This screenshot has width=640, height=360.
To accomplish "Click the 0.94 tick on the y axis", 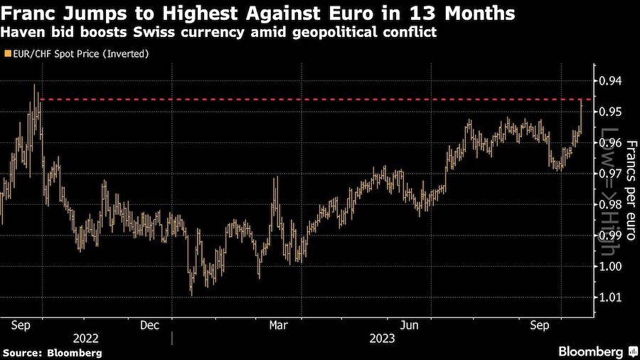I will click(611, 81).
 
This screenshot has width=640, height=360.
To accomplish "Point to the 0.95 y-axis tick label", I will click(611, 112).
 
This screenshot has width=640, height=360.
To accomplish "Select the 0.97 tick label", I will click(611, 174).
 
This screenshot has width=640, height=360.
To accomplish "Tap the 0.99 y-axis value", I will click(611, 235).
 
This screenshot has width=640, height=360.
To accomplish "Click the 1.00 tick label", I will click(611, 267).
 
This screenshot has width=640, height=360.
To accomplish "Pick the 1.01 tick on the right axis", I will click(611, 297).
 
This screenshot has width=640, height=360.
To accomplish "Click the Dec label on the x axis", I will click(149, 324).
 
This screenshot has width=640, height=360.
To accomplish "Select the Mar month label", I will click(278, 324).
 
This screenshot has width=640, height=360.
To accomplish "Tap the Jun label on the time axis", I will click(409, 324).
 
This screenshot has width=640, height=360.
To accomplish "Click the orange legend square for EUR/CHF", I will click(7, 54).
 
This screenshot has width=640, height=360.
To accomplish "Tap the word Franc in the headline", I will click(28, 14).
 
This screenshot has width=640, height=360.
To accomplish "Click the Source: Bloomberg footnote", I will click(52, 352).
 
